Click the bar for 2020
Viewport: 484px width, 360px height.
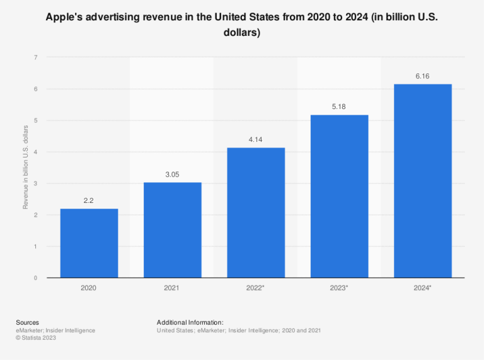(x=89, y=243)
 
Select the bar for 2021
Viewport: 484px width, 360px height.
(x=173, y=230)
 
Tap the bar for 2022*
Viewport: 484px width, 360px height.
(x=256, y=212)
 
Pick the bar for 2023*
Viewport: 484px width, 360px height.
(x=339, y=196)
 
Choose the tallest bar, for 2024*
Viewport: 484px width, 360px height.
(x=423, y=181)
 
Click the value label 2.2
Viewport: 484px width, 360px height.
(x=89, y=200)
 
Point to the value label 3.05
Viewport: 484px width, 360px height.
(x=173, y=174)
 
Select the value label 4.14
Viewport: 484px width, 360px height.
(x=256, y=139)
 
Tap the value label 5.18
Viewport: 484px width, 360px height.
(x=339, y=107)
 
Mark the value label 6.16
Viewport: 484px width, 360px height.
(x=423, y=76)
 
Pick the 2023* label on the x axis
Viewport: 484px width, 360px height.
(x=339, y=288)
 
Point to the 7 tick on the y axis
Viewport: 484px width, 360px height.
(x=35, y=57)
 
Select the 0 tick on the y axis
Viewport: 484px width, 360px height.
(x=35, y=278)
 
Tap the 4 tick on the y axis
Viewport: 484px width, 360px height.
(x=35, y=152)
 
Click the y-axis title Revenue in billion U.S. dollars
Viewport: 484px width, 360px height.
(x=26, y=167)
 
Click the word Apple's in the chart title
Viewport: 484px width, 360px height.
(x=65, y=17)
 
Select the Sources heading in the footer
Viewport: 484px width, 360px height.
(x=27, y=322)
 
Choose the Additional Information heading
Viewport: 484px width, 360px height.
(x=190, y=322)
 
